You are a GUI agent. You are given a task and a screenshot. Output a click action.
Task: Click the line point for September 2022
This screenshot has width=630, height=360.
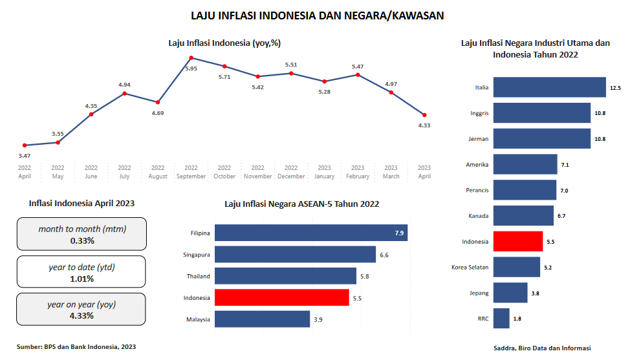pos(191,58)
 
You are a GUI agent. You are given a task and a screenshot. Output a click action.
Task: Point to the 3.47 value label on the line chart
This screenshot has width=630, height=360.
pos(25,156)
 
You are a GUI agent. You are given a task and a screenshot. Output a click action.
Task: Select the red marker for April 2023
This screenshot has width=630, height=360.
pos(424,115)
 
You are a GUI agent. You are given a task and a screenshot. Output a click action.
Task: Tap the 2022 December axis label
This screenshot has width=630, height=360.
pos(291,172)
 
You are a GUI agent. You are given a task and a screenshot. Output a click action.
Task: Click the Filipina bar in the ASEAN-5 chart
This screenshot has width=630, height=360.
pos(311,233)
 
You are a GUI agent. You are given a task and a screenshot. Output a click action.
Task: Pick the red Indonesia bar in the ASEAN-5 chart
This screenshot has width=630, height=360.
pos(282,297)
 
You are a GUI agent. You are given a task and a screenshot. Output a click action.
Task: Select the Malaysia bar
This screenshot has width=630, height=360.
pos(263,319)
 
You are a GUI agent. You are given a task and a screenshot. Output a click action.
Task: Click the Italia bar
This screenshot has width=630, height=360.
pos(550,87)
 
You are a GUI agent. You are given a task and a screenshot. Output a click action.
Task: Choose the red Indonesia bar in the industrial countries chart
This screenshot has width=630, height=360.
pos(518,241)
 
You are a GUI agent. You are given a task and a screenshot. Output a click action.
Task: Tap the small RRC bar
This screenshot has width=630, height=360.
pos(501,318)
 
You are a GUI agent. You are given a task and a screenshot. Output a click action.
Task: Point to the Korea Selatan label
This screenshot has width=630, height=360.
pos(470,267)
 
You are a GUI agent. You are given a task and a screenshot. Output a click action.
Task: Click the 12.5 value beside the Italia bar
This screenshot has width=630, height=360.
pos(615,87)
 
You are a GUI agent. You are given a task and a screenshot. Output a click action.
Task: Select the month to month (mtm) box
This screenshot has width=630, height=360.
pos(82,234)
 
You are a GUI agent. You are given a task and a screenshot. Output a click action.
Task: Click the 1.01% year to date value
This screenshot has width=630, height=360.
pos(82,279)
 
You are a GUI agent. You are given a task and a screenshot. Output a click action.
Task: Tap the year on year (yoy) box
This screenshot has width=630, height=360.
pos(82,310)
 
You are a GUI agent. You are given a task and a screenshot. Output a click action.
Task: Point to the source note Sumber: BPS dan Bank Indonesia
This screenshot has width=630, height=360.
pos(76,347)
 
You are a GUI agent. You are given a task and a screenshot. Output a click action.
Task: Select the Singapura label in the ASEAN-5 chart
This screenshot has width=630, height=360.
pos(197,255)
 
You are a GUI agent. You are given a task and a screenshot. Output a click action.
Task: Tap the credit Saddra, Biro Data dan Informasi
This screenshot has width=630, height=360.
pos(541,348)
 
